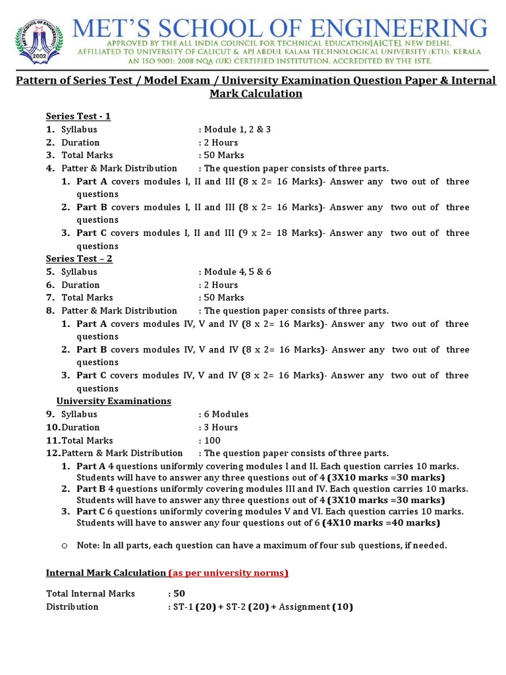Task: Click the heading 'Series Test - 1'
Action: (78, 117)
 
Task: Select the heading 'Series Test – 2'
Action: (78, 259)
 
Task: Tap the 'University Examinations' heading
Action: (113, 401)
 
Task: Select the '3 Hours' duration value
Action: (222, 427)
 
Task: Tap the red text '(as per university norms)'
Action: (229, 573)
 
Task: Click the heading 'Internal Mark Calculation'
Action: (105, 573)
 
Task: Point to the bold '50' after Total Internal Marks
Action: (179, 594)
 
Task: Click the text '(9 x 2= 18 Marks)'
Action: (282, 233)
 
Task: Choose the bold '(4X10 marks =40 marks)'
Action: (381, 523)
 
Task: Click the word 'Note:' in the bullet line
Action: (88, 546)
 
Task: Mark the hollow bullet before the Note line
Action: (65, 546)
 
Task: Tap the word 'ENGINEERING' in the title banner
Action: (389, 30)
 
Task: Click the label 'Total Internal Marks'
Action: (90, 594)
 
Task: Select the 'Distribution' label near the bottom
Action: (72, 607)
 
